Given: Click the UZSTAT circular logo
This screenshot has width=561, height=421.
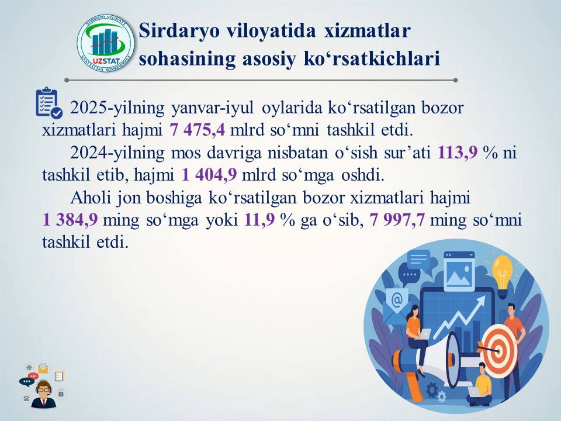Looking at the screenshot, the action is (x=106, y=43).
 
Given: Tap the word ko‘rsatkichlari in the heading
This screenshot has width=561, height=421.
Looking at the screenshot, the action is (x=372, y=58).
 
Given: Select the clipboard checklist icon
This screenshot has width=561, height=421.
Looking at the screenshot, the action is (x=49, y=103).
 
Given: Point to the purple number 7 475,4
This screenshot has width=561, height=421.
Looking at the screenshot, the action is (x=197, y=130).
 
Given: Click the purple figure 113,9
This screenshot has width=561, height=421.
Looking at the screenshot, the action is (x=458, y=153).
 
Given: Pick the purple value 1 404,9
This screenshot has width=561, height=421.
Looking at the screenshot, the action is (x=209, y=175).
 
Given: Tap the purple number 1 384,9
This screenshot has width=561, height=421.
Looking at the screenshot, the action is (x=70, y=219).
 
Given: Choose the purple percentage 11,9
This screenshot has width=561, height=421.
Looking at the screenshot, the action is (x=259, y=219).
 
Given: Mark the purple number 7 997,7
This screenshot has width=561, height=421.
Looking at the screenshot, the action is (x=397, y=219).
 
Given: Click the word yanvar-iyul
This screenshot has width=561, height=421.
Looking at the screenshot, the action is (x=213, y=108).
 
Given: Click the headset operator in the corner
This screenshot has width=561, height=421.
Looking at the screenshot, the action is (x=43, y=394).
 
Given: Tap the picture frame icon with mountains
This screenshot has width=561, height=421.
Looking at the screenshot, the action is (x=459, y=271).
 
